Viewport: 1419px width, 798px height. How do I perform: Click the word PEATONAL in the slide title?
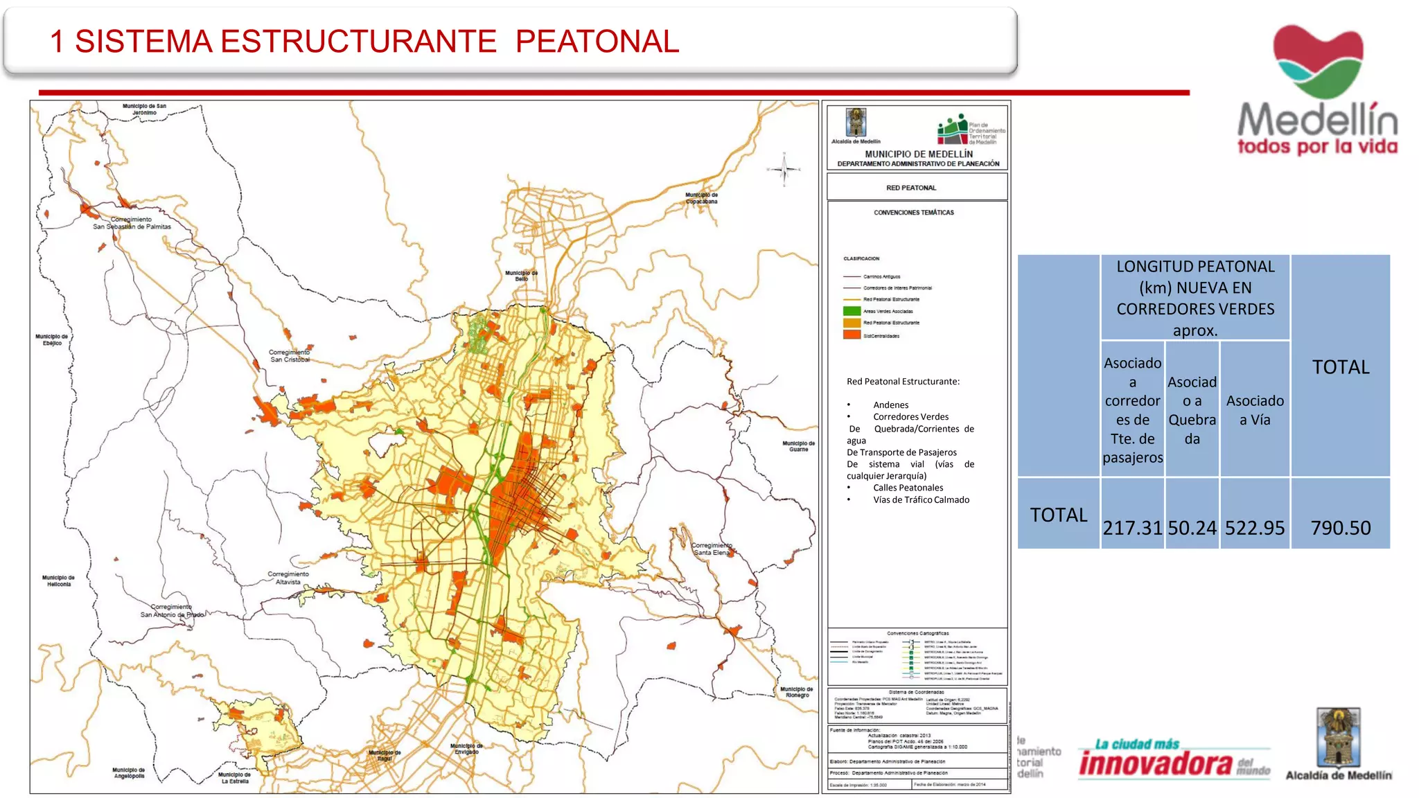[597, 42]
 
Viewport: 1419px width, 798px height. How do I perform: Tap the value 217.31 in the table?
[1132, 528]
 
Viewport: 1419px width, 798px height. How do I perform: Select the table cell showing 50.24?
[1192, 528]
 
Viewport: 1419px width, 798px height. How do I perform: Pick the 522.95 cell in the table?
[1255, 528]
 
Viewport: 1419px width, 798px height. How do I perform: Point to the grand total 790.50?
[1341, 528]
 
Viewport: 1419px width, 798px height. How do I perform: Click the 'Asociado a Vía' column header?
[1255, 410]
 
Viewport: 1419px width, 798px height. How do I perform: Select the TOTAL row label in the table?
[1058, 515]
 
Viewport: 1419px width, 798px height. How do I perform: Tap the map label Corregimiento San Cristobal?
[290, 355]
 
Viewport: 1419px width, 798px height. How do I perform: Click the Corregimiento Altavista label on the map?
[288, 578]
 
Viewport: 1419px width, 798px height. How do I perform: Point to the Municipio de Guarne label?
[798, 446]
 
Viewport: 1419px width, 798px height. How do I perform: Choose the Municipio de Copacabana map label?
[701, 198]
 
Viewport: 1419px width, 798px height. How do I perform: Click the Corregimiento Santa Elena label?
[712, 549]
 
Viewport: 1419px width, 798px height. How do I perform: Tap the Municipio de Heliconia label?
[59, 580]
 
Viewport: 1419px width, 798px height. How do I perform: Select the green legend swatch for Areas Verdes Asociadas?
[852, 311]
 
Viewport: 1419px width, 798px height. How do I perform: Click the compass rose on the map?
[784, 169]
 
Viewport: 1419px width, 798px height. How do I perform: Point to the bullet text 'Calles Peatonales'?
[908, 488]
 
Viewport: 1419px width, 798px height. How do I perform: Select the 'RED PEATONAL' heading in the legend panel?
[911, 188]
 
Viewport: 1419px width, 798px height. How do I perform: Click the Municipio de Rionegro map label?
[797, 692]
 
